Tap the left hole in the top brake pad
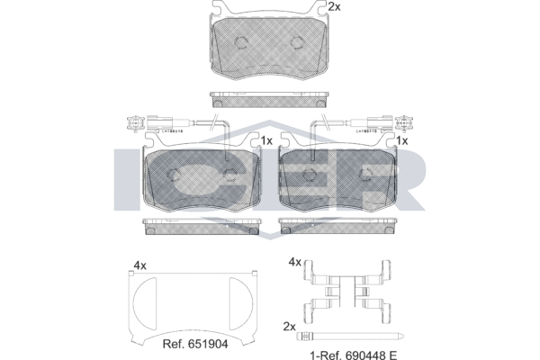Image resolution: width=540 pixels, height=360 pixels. tap(241, 42)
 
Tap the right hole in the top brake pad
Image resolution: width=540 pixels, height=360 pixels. tap(297, 42)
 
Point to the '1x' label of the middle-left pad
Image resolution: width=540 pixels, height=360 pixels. tap(266, 141)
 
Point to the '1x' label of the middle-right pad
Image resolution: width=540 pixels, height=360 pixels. tap(402, 141)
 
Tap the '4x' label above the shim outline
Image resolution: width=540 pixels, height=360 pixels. tap(139, 265)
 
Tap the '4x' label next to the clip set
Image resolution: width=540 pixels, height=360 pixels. tap(293, 262)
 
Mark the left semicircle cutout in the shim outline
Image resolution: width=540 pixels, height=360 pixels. tap(143, 302)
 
